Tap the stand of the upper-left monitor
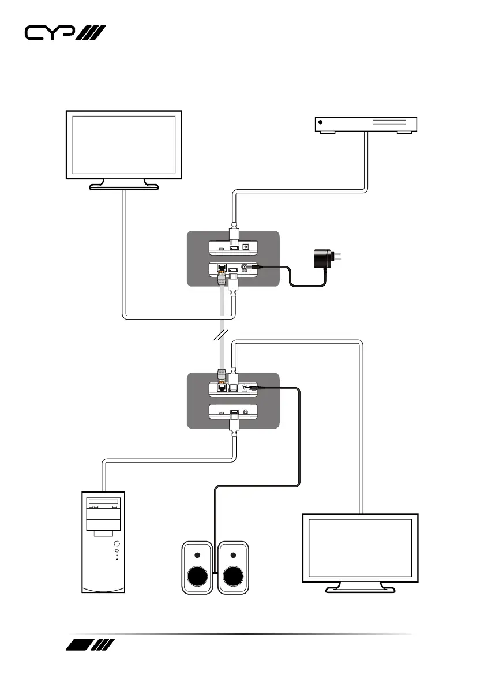(123, 184)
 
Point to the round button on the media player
(321, 123)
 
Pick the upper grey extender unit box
(233, 258)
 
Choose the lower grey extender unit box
(233, 400)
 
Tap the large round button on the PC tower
(117, 543)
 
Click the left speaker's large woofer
(198, 575)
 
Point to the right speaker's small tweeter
(233, 555)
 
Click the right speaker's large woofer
(233, 575)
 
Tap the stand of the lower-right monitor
(361, 587)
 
